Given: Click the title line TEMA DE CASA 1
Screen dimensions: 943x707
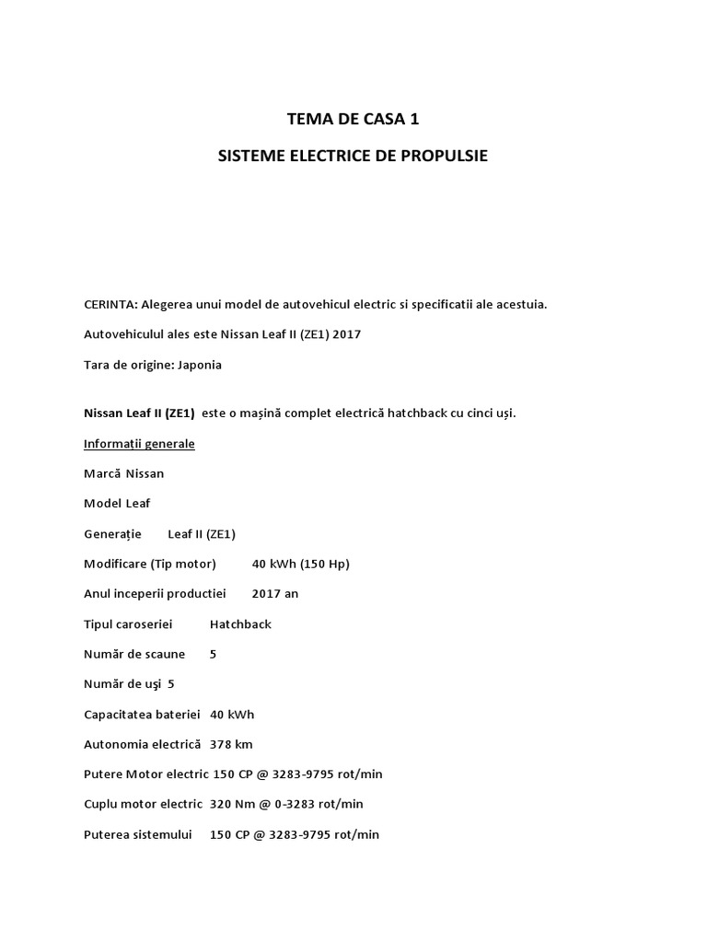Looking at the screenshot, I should pos(353,119).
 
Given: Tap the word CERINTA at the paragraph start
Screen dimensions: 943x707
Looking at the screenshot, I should pos(110,304).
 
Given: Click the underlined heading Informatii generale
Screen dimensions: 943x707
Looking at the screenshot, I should pos(139,444).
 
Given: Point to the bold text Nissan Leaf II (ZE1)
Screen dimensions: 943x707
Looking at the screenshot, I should pos(139,413).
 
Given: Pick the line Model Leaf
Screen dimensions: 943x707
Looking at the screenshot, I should pos(117,504).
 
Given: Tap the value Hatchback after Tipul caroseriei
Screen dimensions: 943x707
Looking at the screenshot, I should pos(240,624).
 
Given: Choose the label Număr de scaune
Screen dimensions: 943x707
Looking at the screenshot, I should pos(134,654).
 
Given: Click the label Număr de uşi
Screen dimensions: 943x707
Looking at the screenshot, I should pos(122,684).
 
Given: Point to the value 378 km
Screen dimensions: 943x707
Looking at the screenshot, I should pos(231,744).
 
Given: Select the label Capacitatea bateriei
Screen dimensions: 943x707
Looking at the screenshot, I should pos(142,715).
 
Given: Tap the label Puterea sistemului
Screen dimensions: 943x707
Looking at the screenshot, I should pos(138,834).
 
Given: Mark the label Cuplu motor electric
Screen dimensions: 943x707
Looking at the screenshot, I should pos(143,804).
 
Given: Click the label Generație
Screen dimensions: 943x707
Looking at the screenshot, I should pos(112,534).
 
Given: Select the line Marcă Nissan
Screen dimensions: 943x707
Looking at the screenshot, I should pos(124,473).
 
